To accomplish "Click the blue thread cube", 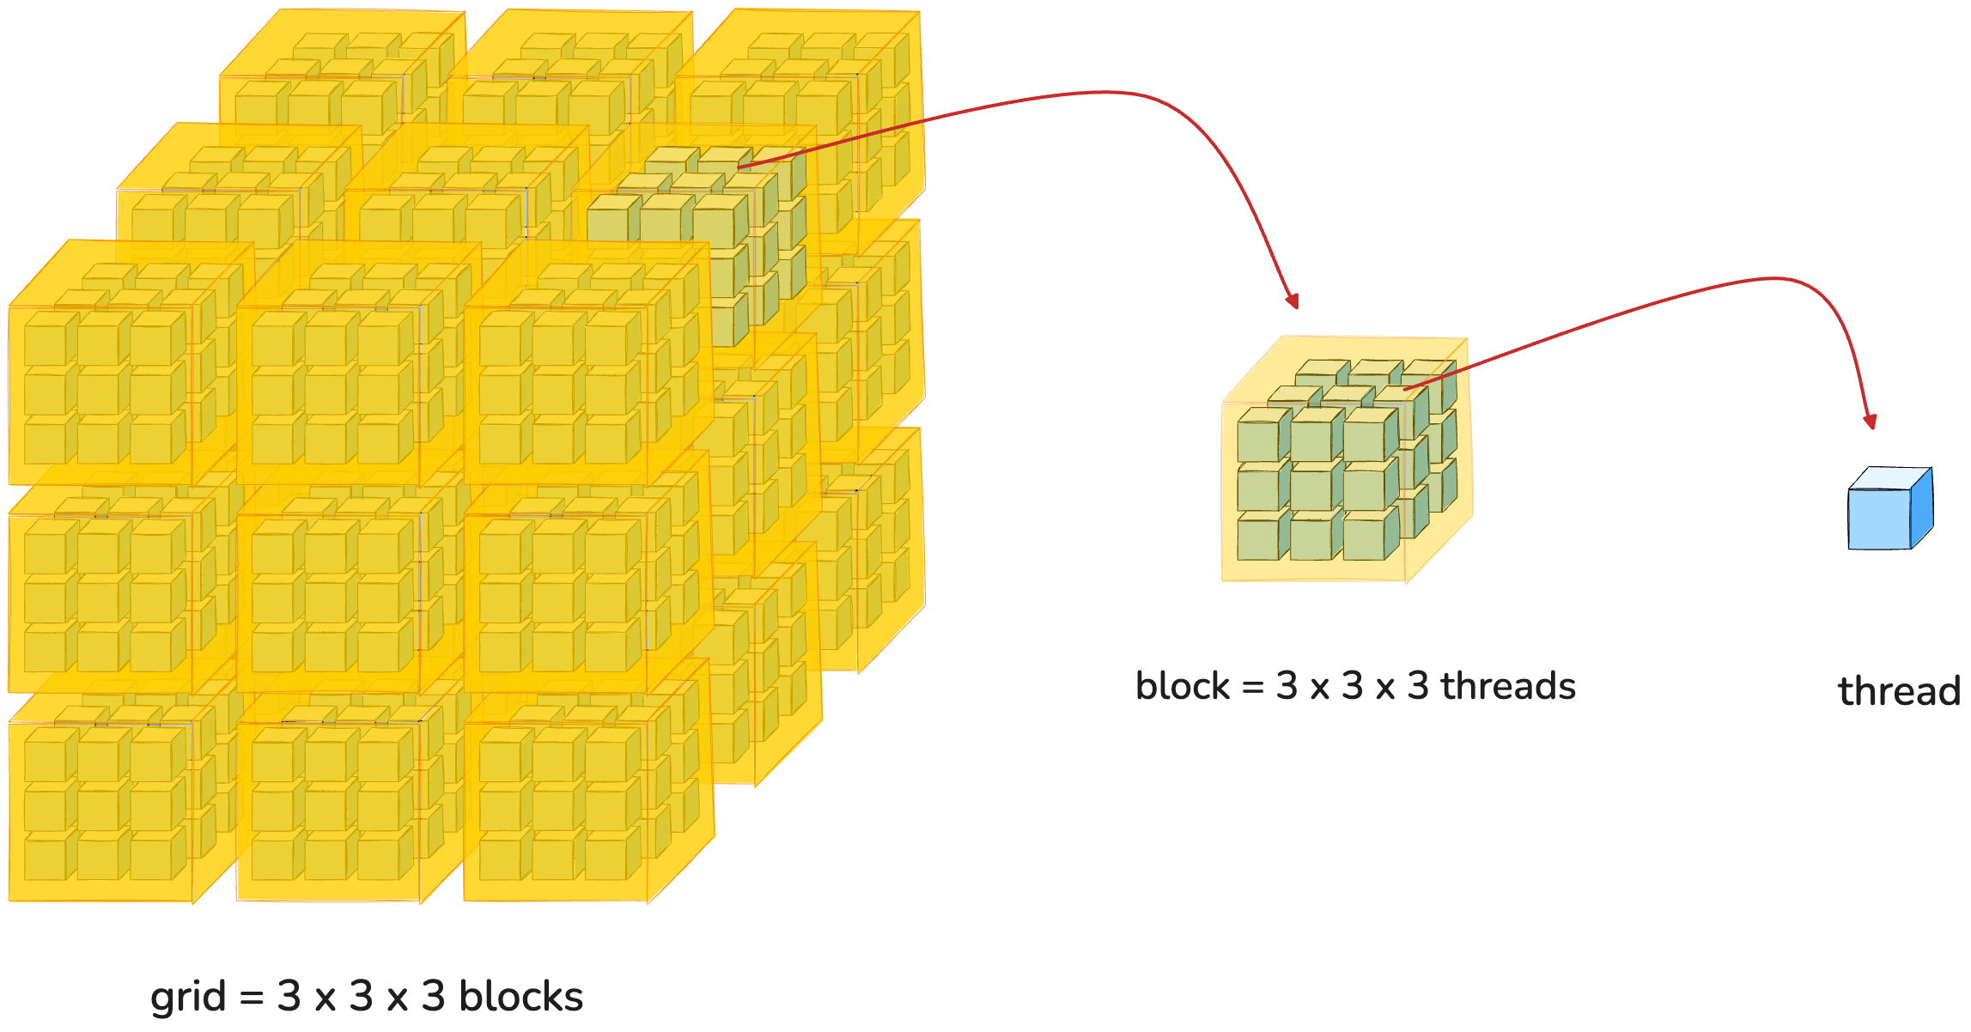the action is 1890,508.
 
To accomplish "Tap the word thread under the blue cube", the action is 1899,691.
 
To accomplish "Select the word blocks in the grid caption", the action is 520,996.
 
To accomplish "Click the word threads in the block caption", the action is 1508,686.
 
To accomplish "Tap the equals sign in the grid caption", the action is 252,998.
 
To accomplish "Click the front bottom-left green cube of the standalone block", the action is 1259,537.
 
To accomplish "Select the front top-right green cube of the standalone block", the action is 1366,434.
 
